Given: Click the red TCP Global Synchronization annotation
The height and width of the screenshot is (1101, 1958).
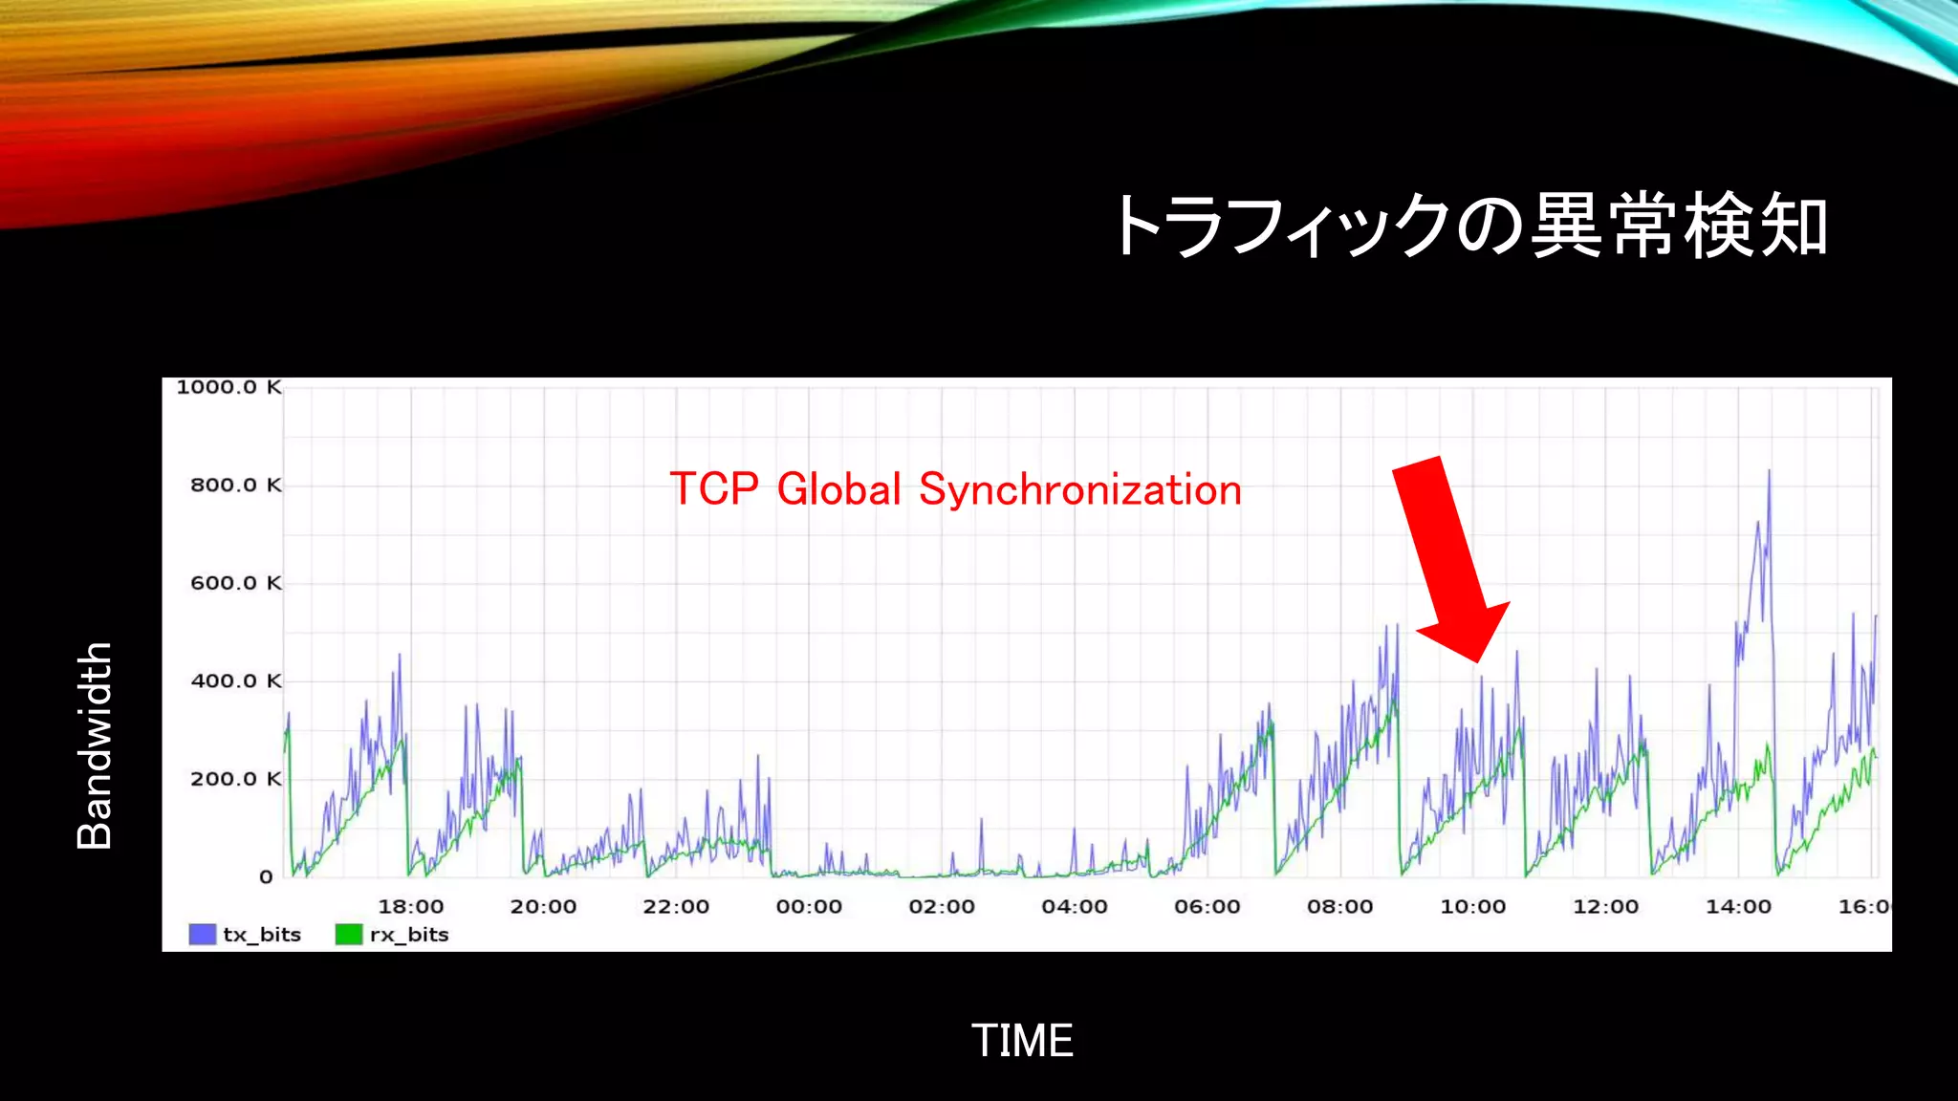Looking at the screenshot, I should click(955, 489).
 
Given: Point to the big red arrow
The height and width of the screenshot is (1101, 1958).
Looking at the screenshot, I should click(1448, 559).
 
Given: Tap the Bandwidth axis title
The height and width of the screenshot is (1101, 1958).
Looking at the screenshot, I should click(95, 745).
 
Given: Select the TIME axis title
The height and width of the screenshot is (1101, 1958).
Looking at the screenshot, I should click(1022, 1041).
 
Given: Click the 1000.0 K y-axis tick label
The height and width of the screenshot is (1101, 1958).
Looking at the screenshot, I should click(229, 387).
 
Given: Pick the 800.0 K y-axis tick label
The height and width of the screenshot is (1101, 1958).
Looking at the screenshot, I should click(236, 486).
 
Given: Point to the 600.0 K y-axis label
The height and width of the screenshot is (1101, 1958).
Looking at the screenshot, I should click(236, 583).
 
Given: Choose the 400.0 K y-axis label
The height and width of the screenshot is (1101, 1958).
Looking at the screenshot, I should click(236, 681).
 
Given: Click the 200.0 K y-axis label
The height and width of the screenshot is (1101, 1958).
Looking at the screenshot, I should click(236, 779).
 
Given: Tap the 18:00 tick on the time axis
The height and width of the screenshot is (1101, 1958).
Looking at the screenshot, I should click(410, 906).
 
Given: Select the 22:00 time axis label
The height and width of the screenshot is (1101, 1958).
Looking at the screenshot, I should click(676, 906).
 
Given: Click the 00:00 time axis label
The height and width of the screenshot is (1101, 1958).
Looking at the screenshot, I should click(809, 906).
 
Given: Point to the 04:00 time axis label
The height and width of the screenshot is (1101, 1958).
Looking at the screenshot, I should click(1075, 906).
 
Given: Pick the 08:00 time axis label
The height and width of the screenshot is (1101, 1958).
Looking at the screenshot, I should click(1340, 906).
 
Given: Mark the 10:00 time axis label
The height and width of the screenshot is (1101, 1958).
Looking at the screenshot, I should click(1473, 906).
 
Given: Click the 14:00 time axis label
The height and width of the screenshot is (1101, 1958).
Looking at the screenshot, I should click(1739, 906).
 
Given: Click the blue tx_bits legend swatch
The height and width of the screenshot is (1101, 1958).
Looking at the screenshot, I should click(203, 935).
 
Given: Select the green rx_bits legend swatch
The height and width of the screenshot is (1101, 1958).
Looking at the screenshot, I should click(349, 935).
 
